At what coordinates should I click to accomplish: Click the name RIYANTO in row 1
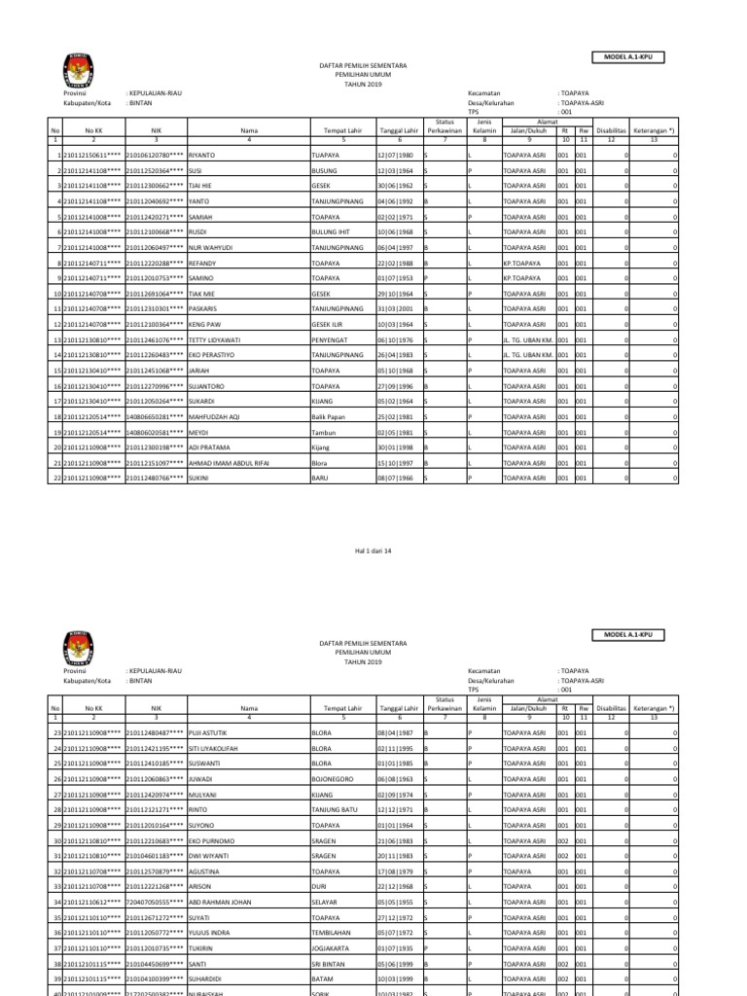(x=201, y=156)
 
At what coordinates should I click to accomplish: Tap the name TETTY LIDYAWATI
(x=213, y=339)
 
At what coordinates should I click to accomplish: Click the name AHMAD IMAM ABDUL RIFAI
(x=228, y=463)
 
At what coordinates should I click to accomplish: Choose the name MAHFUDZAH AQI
(x=213, y=416)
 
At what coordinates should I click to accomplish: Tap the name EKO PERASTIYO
(x=211, y=355)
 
